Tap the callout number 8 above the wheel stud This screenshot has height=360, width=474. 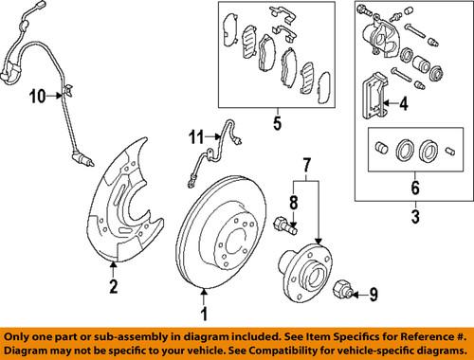click(x=294, y=202)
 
